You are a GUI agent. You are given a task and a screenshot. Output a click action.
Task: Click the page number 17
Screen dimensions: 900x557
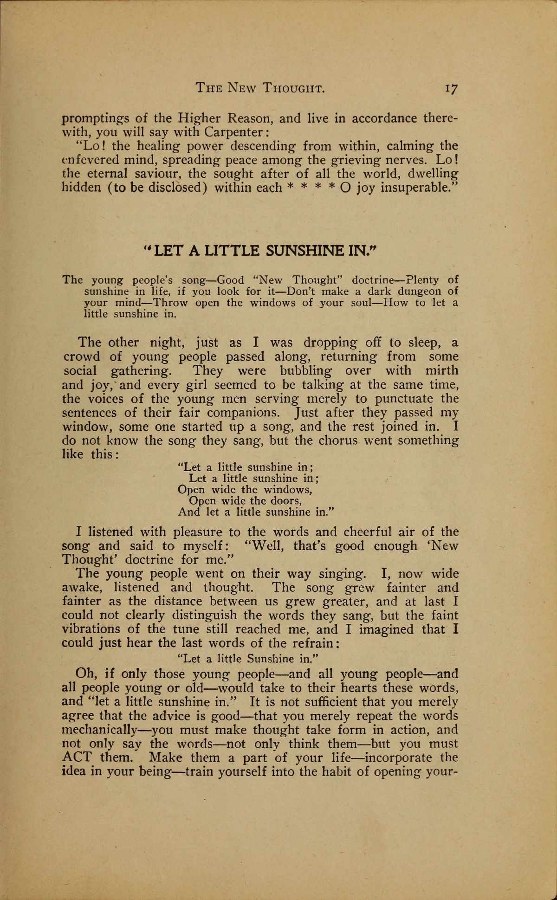pyautogui.click(x=451, y=88)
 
